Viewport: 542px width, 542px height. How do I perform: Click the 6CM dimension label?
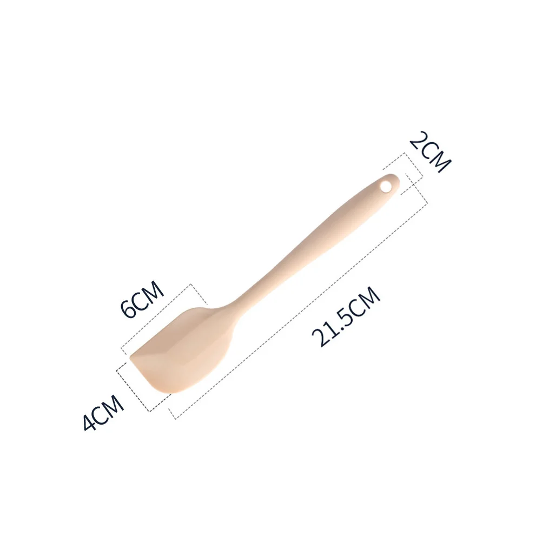pos(142,300)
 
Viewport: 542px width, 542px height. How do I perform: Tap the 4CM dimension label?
pos(103,414)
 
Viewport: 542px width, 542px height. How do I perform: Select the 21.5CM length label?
pos(347,316)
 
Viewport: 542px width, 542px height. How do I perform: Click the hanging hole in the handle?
pos(386,186)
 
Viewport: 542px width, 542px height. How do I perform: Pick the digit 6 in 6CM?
pos(129,310)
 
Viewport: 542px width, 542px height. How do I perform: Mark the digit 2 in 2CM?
pos(418,140)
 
